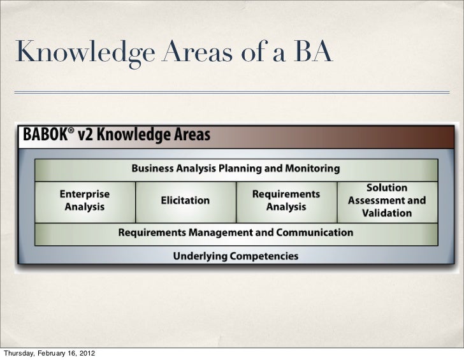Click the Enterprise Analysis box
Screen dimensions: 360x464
coord(85,201)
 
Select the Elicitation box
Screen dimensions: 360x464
coord(185,200)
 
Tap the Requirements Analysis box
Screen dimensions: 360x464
coord(286,200)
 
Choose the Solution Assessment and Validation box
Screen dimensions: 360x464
coord(386,200)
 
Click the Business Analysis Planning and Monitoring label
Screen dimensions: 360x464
coord(235,169)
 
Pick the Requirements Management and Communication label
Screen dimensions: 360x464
coord(235,233)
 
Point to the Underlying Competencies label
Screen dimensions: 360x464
coord(235,256)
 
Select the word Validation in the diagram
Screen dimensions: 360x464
coord(386,212)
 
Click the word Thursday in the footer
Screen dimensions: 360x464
coord(18,352)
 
